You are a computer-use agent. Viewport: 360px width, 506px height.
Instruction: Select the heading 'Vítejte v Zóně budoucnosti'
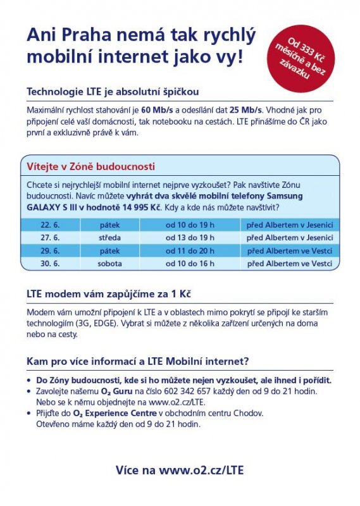90,167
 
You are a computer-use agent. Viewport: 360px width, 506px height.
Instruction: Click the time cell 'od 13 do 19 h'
190,237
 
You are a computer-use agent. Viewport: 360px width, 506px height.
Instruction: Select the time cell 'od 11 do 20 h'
190,250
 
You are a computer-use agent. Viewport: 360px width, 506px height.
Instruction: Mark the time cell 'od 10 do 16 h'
190,263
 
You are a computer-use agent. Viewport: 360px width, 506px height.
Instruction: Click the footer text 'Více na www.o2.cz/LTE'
179,469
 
